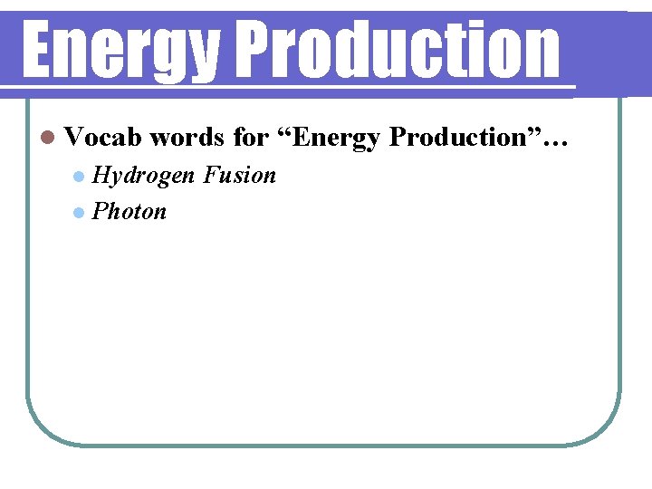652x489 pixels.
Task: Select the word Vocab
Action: pyautogui.click(x=103, y=137)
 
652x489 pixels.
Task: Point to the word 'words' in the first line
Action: pyautogui.click(x=187, y=137)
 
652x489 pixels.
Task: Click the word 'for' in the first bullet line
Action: pyautogui.click(x=251, y=137)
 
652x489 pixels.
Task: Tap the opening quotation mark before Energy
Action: pyautogui.click(x=285, y=131)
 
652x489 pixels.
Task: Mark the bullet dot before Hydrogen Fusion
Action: pyautogui.click(x=80, y=176)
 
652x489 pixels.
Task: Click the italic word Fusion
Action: pyautogui.click(x=240, y=175)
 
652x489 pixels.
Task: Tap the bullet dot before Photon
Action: pyautogui.click(x=80, y=213)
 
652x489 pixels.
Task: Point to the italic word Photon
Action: pyautogui.click(x=130, y=212)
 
